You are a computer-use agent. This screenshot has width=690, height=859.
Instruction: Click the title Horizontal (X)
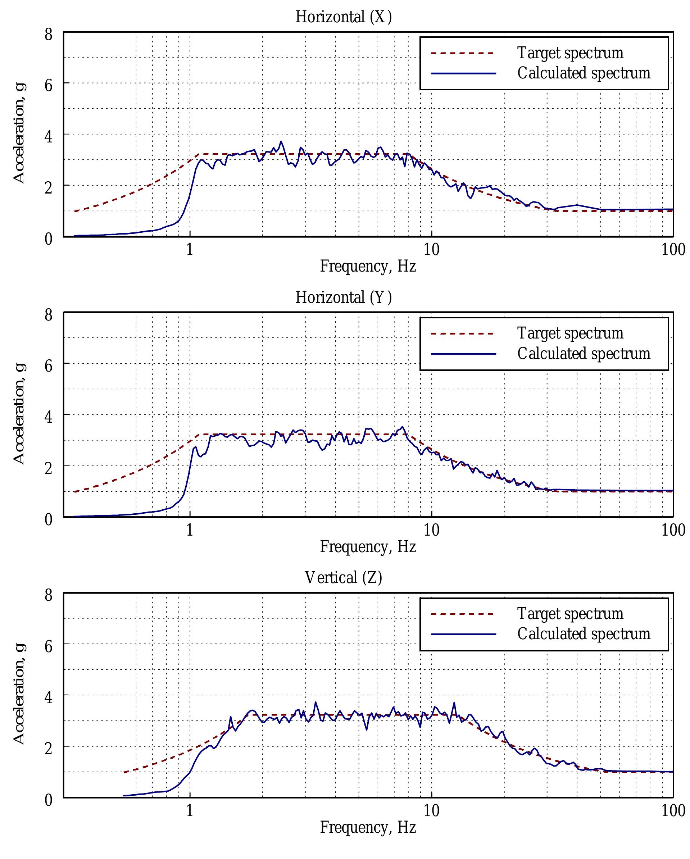click(344, 17)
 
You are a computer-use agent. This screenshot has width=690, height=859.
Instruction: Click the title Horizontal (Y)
click(344, 297)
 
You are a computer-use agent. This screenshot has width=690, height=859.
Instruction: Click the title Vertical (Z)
click(344, 577)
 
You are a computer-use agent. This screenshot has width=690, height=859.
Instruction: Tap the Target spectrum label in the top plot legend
click(570, 53)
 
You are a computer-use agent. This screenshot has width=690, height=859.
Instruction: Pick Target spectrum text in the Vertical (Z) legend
click(570, 614)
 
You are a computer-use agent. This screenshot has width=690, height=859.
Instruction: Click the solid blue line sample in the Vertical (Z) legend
click(463, 634)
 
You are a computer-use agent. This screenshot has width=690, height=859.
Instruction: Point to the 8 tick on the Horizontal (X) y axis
click(48, 34)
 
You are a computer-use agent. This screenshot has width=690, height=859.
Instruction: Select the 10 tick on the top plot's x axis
click(431, 250)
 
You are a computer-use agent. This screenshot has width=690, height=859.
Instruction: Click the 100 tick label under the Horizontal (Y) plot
click(673, 530)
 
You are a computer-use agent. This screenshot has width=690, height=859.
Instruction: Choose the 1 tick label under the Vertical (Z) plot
click(190, 810)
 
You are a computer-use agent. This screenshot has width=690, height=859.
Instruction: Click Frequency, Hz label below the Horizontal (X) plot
click(368, 266)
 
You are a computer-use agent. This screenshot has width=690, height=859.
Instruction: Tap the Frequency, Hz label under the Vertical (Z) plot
click(368, 827)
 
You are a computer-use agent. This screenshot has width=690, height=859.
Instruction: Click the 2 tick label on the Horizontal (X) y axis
click(48, 188)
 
